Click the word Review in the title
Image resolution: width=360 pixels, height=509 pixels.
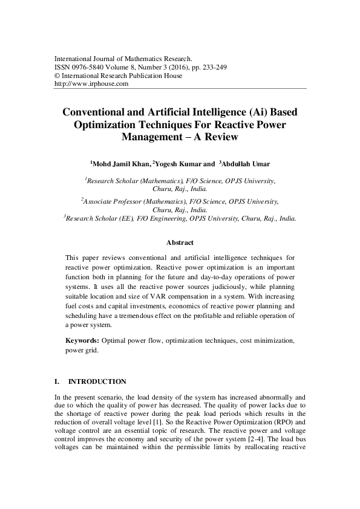coord(220,137)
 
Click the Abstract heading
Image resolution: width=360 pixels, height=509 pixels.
coord(180,242)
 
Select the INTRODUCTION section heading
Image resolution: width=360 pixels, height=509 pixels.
coord(97,381)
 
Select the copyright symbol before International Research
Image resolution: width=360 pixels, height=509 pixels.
coord(57,76)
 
